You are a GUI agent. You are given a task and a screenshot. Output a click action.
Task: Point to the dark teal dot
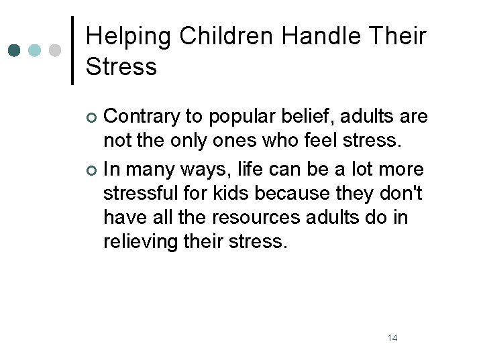tap(15, 50)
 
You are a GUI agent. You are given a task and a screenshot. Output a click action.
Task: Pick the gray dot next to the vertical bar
tap(56, 50)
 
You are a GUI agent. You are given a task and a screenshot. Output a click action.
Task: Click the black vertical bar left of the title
tap(72, 50)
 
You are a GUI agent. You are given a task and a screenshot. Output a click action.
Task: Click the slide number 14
tap(392, 337)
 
